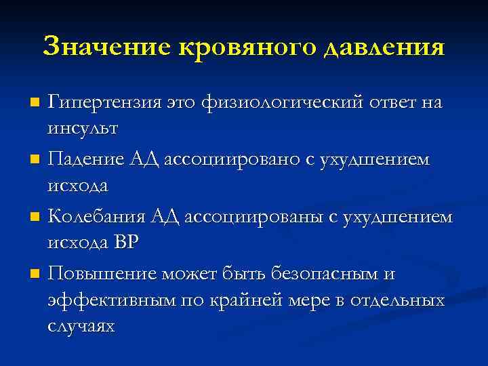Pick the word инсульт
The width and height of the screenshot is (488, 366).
pyautogui.click(x=83, y=127)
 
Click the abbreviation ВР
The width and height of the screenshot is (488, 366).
pyautogui.click(x=127, y=241)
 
